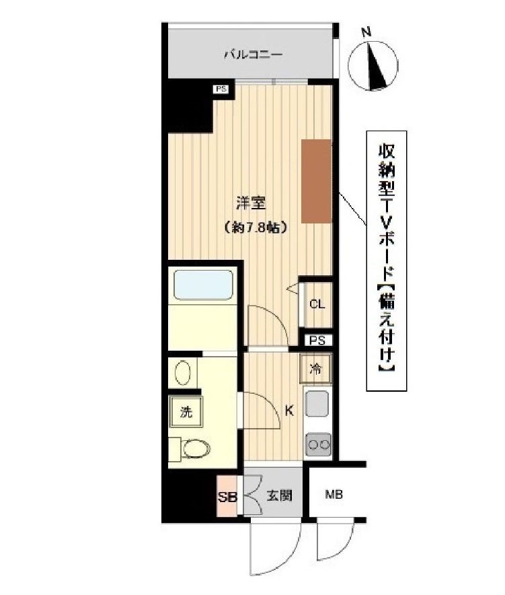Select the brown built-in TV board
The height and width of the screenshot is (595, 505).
tap(316, 180)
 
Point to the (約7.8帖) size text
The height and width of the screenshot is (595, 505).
tap(256, 228)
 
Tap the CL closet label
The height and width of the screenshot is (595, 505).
tap(317, 304)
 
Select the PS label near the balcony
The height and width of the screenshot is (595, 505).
tap(221, 88)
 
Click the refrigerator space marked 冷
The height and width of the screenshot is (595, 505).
tap(315, 368)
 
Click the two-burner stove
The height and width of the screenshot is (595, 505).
tap(317, 444)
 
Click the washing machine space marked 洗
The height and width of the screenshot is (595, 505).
tap(185, 412)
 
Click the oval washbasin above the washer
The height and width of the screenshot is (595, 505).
tap(183, 372)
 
